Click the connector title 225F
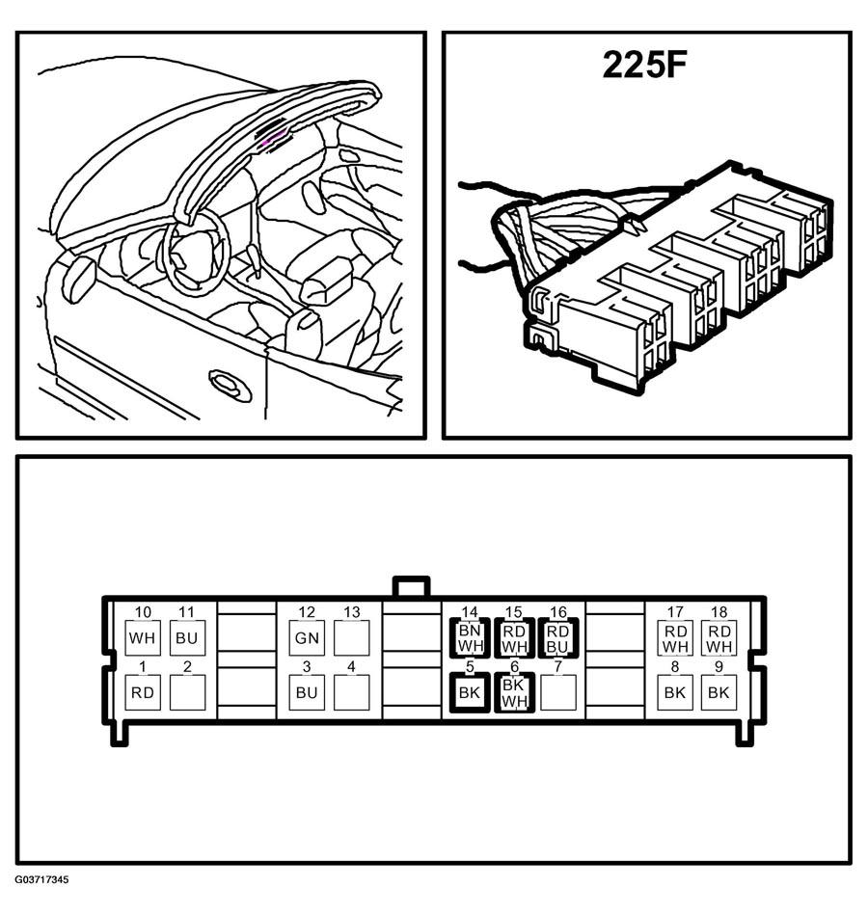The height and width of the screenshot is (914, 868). tap(644, 65)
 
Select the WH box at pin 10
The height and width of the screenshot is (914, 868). tap(143, 637)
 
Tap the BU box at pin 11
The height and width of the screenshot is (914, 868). tap(187, 637)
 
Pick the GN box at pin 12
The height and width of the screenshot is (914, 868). tap(308, 637)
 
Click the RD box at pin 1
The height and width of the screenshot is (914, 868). tap(143, 692)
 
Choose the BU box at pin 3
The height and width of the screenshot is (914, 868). tap(308, 692)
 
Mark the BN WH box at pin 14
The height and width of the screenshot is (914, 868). tap(470, 637)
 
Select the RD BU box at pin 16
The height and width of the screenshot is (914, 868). tap(557, 637)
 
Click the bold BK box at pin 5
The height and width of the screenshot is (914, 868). tap(470, 692)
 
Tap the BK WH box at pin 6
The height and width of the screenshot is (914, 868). tap(514, 692)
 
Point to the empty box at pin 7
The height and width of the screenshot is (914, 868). tap(558, 692)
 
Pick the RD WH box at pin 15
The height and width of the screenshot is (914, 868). tap(514, 637)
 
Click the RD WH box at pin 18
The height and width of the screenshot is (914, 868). tap(719, 637)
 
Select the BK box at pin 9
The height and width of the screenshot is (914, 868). tap(719, 692)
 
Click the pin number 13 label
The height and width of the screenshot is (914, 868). tap(351, 612)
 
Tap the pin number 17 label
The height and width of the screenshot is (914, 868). tap(675, 612)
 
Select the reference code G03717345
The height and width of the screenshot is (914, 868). tap(42, 879)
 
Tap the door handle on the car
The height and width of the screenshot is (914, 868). tap(231, 385)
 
